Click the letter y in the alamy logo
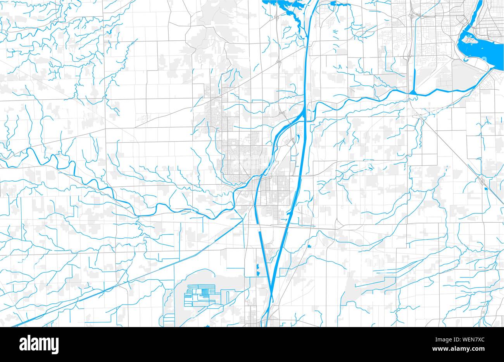55,345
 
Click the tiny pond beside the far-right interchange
486,189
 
